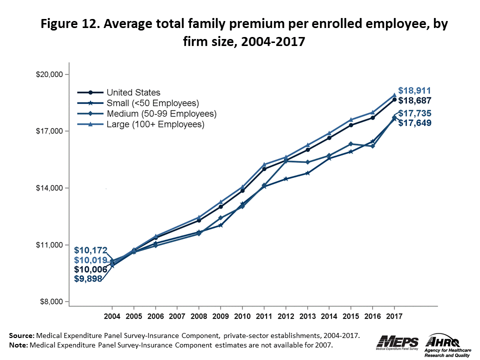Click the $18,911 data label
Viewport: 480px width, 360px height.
click(x=414, y=91)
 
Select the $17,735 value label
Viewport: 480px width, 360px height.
click(x=415, y=113)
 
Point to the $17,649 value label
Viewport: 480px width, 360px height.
click(x=415, y=122)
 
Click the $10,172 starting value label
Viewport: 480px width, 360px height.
click(x=91, y=249)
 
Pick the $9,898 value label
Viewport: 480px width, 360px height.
click(x=88, y=279)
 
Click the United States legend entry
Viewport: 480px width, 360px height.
click(x=133, y=92)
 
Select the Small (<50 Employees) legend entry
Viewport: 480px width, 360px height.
click(x=152, y=103)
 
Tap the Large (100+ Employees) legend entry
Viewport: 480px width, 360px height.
click(x=155, y=124)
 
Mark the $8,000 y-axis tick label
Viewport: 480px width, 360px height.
click(x=50, y=301)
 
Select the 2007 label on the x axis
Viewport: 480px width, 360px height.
click(x=177, y=317)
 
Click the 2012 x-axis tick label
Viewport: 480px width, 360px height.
click(x=285, y=317)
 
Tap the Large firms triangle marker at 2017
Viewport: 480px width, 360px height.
click(x=394, y=94)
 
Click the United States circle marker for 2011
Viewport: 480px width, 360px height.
click(x=264, y=169)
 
